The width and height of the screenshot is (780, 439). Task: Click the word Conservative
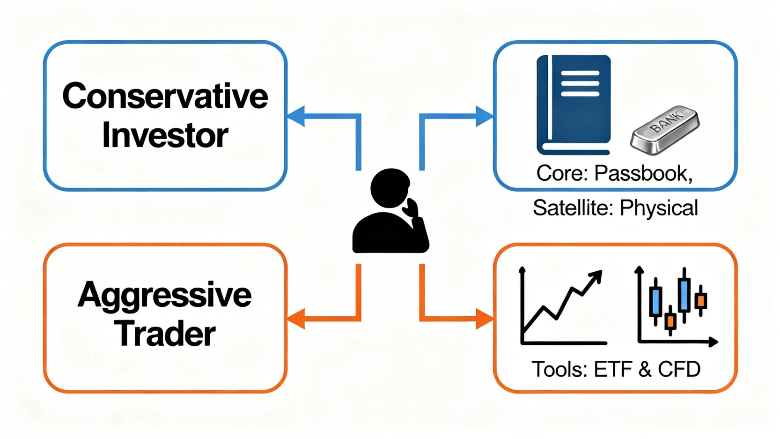(165, 96)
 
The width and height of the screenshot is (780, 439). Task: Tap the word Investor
(165, 135)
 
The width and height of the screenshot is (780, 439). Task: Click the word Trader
(165, 334)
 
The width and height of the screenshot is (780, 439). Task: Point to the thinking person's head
(390, 187)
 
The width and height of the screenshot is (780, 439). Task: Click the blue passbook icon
(574, 105)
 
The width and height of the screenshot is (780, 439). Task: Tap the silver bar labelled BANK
(665, 130)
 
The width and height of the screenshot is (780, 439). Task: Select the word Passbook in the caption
(643, 174)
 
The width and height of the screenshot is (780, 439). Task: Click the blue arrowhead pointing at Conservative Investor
(296, 116)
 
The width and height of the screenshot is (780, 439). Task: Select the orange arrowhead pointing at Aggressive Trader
(296, 319)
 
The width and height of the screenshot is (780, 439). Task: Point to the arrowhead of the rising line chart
(596, 276)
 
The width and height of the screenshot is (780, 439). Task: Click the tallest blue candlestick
(684, 294)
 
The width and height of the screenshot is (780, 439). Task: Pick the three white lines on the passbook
(580, 84)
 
